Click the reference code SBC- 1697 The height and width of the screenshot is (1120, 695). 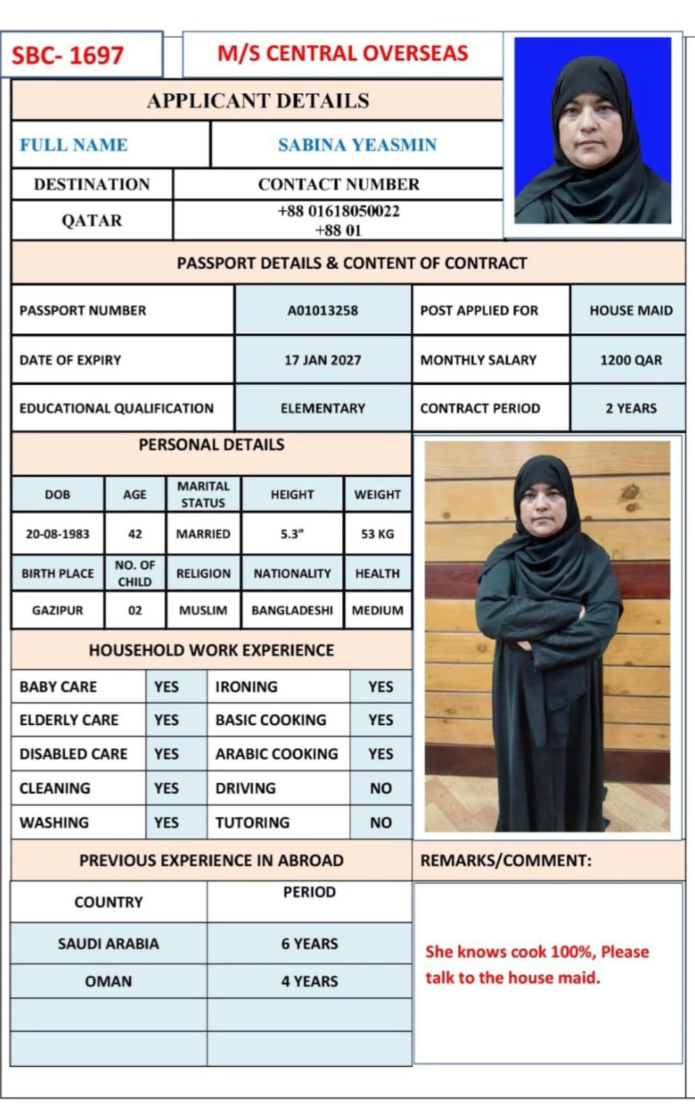click(68, 55)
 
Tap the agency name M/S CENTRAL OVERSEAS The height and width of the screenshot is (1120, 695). click(342, 53)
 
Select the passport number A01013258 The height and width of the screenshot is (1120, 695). click(323, 310)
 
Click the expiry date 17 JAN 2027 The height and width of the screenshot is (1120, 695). click(323, 360)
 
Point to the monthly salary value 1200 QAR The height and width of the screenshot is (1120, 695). click(631, 360)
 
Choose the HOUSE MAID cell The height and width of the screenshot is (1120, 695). click(631, 310)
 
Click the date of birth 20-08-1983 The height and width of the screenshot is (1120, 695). click(57, 533)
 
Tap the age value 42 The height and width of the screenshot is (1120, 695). click(135, 533)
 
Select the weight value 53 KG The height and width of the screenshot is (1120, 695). click(377, 533)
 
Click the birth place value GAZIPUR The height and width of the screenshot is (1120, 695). click(57, 610)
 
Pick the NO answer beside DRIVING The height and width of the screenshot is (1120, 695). click(381, 788)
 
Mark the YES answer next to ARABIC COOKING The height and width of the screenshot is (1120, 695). click(381, 754)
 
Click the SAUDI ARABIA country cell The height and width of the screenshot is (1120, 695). click(108, 944)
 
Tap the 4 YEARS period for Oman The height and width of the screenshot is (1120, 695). click(309, 981)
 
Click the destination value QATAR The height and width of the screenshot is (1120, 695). click(92, 220)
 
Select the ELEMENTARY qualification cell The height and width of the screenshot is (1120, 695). click(323, 408)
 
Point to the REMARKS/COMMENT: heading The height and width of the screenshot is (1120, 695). click(505, 860)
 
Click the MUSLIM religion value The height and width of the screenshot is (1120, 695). click(203, 610)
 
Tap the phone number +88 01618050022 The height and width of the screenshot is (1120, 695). click(339, 211)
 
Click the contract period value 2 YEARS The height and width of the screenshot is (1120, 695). click(631, 408)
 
